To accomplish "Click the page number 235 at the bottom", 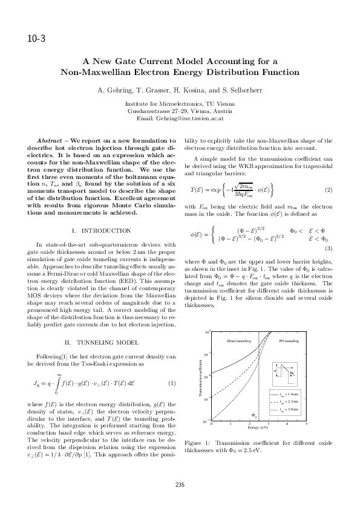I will tap(180, 484).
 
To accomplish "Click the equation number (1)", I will tap(171, 383).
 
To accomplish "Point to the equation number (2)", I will tap(329, 190).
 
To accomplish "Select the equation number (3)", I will tap(329, 248).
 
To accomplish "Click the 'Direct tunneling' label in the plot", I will tap(238, 342).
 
